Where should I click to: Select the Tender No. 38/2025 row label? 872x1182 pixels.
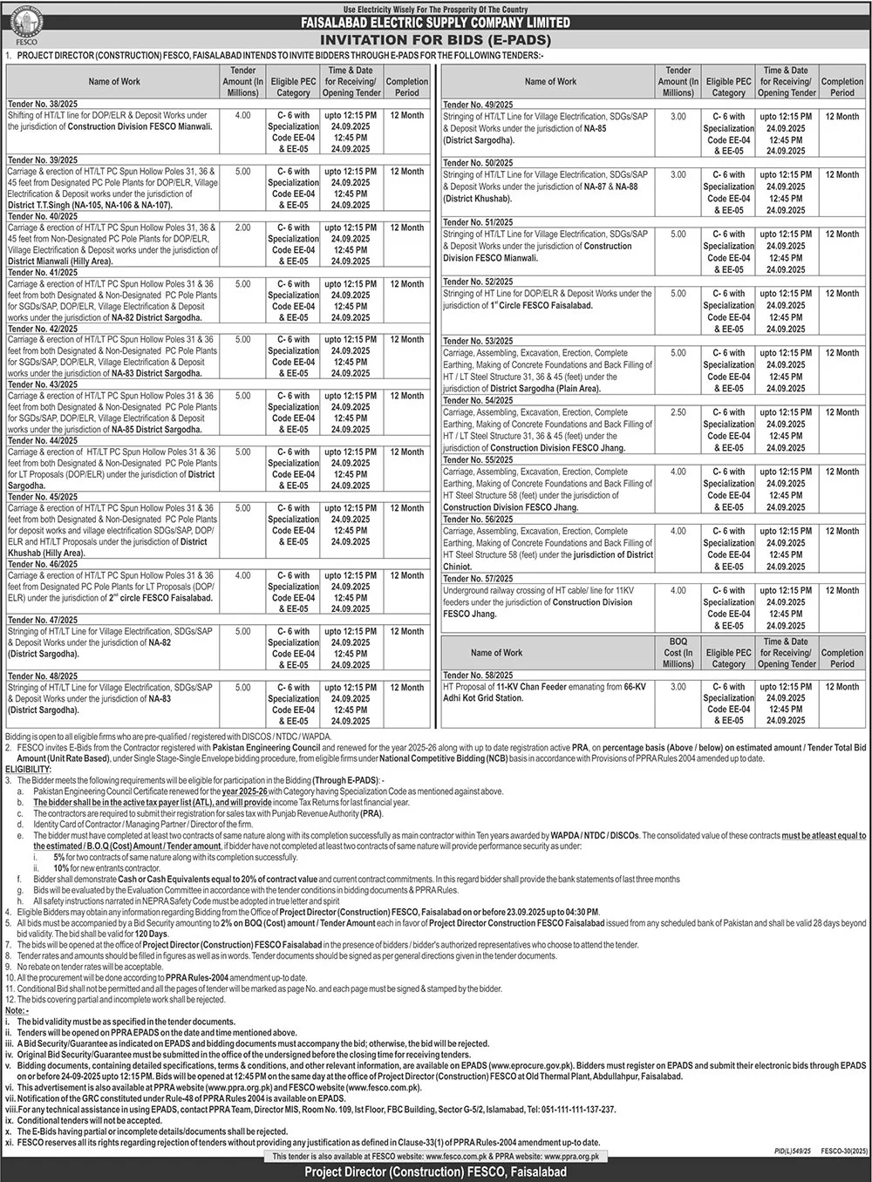pos(42,104)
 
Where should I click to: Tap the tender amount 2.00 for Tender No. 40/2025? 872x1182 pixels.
pos(243,228)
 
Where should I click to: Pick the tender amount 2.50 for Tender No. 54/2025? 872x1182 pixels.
pos(678,412)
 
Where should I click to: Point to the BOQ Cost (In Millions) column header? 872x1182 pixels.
pos(678,652)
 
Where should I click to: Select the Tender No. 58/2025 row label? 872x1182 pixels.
pos(478,676)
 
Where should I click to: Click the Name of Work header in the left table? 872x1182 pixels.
pos(114,81)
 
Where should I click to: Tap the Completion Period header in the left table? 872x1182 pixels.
pos(406,86)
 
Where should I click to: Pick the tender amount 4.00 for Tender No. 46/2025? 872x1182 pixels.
pos(243,576)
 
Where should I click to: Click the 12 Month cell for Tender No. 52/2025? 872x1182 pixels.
pos(841,294)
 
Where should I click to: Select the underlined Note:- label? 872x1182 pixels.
pos(17,1009)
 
